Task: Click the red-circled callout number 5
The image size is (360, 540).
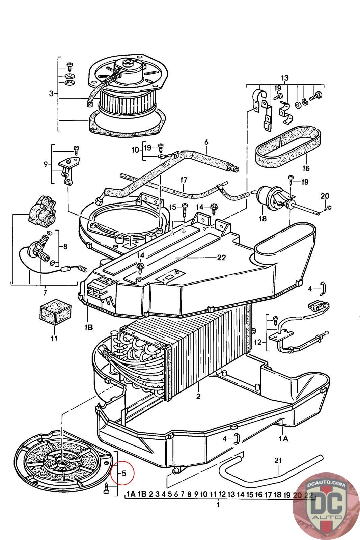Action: click(124, 473)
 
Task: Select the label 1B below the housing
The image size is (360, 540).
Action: click(89, 327)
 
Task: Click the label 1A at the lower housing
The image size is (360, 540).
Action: click(283, 438)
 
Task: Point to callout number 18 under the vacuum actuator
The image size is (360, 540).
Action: click(262, 219)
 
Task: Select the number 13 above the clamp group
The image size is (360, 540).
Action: click(285, 78)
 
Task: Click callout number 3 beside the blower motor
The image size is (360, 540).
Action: click(51, 93)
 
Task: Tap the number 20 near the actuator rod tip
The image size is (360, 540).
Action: click(325, 196)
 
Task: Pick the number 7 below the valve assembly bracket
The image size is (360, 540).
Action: click(46, 292)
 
